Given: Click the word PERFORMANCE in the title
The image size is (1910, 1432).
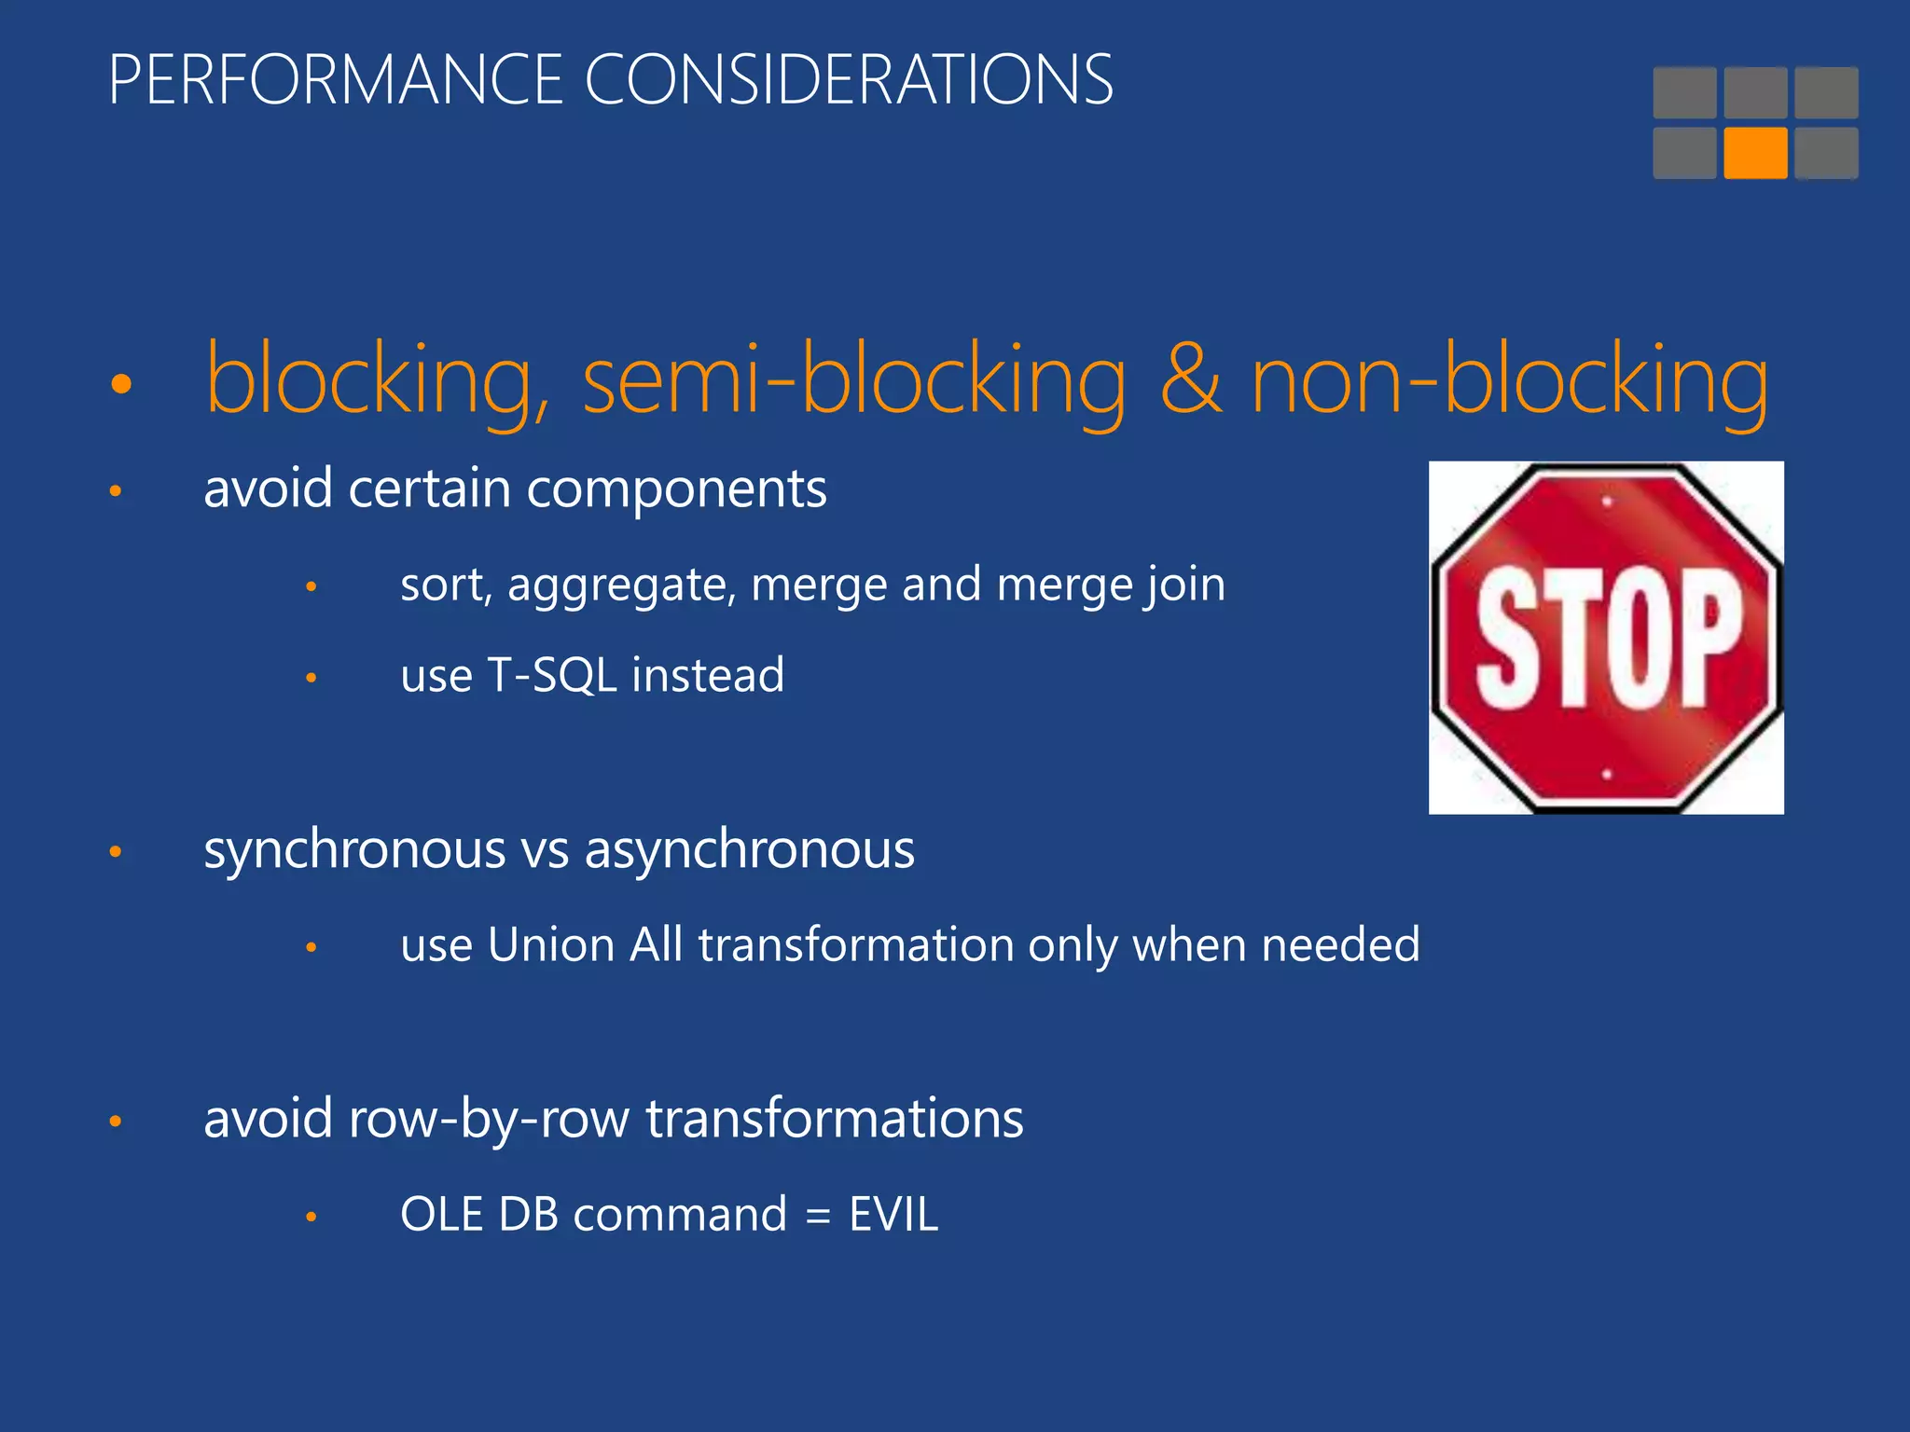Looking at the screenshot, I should [336, 80].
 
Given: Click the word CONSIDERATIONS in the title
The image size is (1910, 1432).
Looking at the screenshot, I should [849, 80].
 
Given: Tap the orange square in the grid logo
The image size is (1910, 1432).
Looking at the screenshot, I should [1755, 153].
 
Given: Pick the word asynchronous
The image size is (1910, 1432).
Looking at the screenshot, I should [750, 850].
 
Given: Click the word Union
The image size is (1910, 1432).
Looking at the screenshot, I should [551, 945].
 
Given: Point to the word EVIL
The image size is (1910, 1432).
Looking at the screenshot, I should [893, 1215].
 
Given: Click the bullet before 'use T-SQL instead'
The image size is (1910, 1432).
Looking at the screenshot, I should [311, 678].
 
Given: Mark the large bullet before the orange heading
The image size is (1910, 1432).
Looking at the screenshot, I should [121, 383].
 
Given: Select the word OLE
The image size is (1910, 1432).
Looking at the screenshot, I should [441, 1215].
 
